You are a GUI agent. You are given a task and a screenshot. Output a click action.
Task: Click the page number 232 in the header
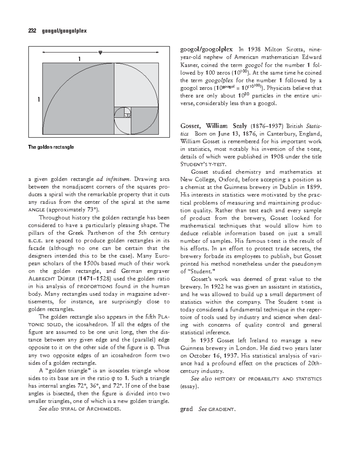point(32,31)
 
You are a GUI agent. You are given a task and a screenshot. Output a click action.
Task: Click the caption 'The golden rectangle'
point(51,147)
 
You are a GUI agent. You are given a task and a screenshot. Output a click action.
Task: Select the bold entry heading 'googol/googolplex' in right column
point(206,50)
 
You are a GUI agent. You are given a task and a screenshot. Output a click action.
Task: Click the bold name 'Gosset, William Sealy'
point(213,126)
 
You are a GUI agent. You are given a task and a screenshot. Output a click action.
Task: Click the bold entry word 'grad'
point(186,409)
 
